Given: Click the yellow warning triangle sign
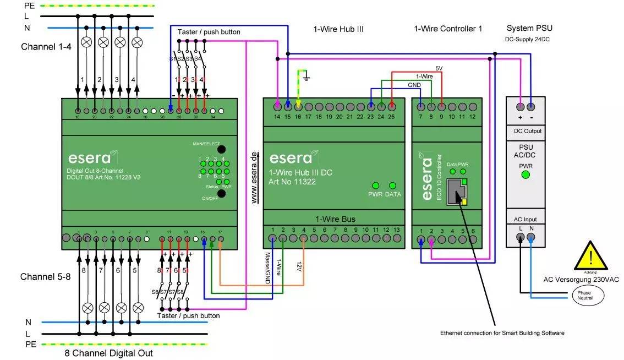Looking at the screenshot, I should point(590,258).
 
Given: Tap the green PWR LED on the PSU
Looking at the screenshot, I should point(525,174).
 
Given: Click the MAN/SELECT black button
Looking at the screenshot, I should point(221,149).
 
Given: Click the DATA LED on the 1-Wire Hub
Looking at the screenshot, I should point(393,186).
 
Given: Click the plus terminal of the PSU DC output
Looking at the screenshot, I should point(520,106).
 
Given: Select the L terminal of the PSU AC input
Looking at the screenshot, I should point(520,237).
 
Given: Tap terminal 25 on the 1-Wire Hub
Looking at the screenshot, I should point(392,106).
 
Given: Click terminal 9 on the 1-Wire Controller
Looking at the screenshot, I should point(441,106).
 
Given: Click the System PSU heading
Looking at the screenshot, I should point(529,29).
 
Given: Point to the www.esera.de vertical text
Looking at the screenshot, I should point(254,178).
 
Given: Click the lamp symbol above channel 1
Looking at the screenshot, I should point(86,42).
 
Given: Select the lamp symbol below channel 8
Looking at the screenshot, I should point(87,307).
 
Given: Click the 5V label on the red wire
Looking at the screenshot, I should point(439,68).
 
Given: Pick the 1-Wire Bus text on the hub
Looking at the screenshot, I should point(335,219).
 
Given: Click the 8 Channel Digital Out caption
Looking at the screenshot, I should point(108,353).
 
